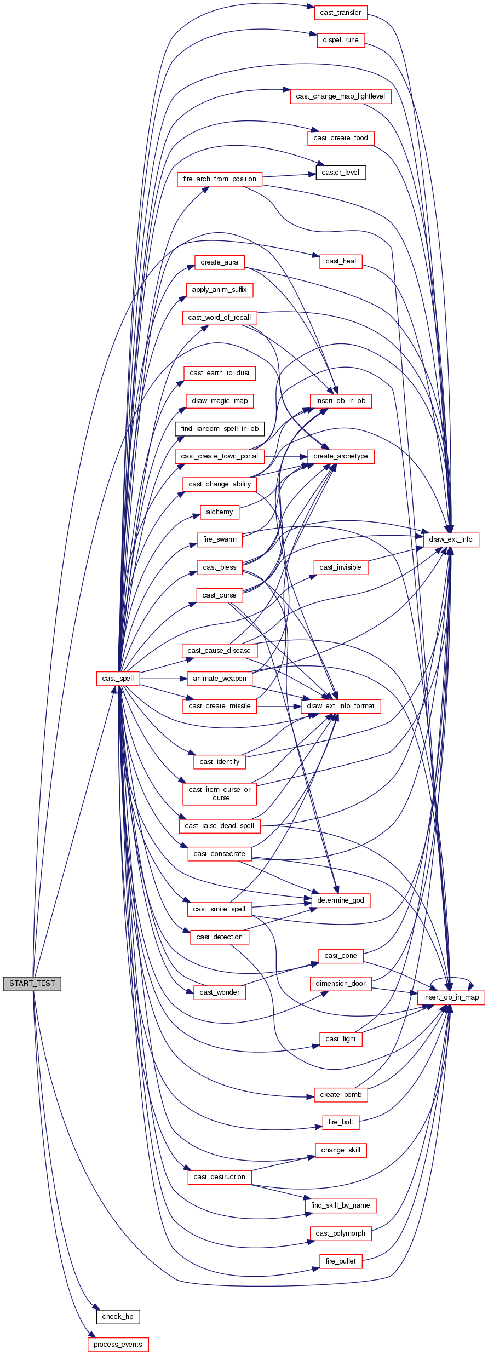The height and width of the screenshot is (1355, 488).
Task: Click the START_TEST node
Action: coord(32,983)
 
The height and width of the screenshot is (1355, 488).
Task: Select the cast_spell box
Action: coord(118,678)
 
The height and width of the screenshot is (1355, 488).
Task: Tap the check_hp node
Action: coord(118,1316)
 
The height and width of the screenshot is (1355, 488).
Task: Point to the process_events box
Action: coord(118,1344)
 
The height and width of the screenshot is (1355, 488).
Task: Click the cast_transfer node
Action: coord(340,13)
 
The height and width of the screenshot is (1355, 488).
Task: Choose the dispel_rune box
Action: coord(340,40)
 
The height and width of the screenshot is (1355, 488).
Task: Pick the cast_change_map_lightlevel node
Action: coord(340,96)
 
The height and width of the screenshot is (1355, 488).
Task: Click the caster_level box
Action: coord(340,173)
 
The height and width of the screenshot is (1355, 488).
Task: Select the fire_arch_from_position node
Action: coord(220,179)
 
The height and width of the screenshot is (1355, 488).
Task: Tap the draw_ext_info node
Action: coord(450,539)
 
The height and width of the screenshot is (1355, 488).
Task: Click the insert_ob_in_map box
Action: coord(451,997)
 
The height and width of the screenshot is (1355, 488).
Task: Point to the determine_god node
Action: coord(340,900)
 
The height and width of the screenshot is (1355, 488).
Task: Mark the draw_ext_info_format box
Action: coord(340,706)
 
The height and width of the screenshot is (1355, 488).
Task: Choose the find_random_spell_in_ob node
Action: coord(220,429)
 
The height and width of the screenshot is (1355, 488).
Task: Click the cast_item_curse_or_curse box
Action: coord(220,794)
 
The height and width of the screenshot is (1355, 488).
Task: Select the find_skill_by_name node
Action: coord(340,1205)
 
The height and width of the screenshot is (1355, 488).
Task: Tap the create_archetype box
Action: coord(340,456)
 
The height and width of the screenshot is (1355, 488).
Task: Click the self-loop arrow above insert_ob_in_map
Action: coord(451,978)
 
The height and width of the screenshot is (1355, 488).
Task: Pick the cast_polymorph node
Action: coord(340,1233)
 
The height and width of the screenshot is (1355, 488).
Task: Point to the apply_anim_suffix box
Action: coord(219,290)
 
